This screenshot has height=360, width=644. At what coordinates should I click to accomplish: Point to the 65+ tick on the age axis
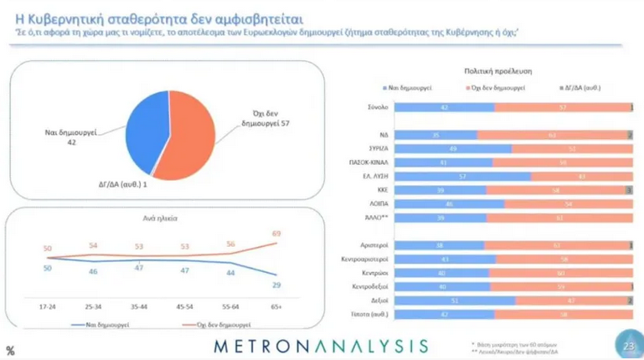[276, 307]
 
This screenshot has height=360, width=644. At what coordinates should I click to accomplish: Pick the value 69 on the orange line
[276, 233]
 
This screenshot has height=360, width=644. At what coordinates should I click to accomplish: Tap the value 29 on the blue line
[276, 285]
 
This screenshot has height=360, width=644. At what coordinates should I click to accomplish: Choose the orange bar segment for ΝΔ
[553, 134]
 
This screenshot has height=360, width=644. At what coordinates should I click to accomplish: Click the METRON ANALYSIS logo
[322, 345]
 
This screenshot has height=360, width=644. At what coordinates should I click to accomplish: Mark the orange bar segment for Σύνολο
[561, 106]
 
